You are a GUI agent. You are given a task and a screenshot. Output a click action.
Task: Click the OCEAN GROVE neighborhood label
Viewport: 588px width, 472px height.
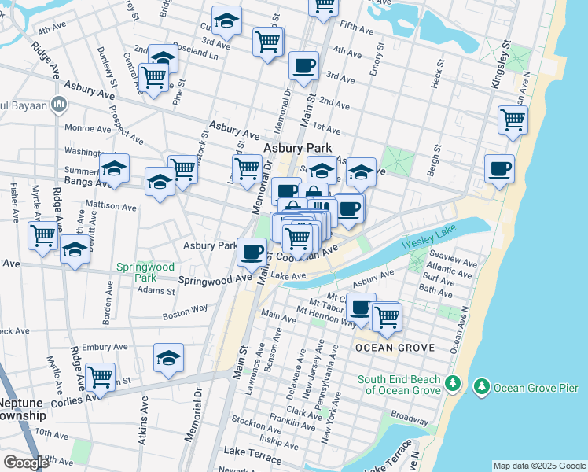coord(384,347)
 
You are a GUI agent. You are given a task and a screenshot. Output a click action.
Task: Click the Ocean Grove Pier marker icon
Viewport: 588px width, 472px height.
coord(480,386)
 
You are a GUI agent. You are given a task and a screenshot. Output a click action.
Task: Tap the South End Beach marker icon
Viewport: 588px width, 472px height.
coord(452,383)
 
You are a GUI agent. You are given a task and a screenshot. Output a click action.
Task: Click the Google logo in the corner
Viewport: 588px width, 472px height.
coord(25,463)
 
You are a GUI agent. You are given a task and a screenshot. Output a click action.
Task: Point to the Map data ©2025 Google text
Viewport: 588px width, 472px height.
coord(538,466)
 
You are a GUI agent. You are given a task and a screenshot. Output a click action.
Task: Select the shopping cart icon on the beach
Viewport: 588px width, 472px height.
coord(513,120)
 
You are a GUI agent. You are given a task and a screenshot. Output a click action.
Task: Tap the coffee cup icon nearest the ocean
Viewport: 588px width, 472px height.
coord(499,168)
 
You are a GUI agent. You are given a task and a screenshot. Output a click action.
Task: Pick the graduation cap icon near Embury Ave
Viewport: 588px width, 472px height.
coord(168,358)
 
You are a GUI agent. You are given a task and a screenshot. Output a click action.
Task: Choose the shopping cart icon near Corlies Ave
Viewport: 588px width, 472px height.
coord(101,377)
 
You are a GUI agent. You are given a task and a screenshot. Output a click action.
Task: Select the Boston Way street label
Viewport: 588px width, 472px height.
coord(185,314)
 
